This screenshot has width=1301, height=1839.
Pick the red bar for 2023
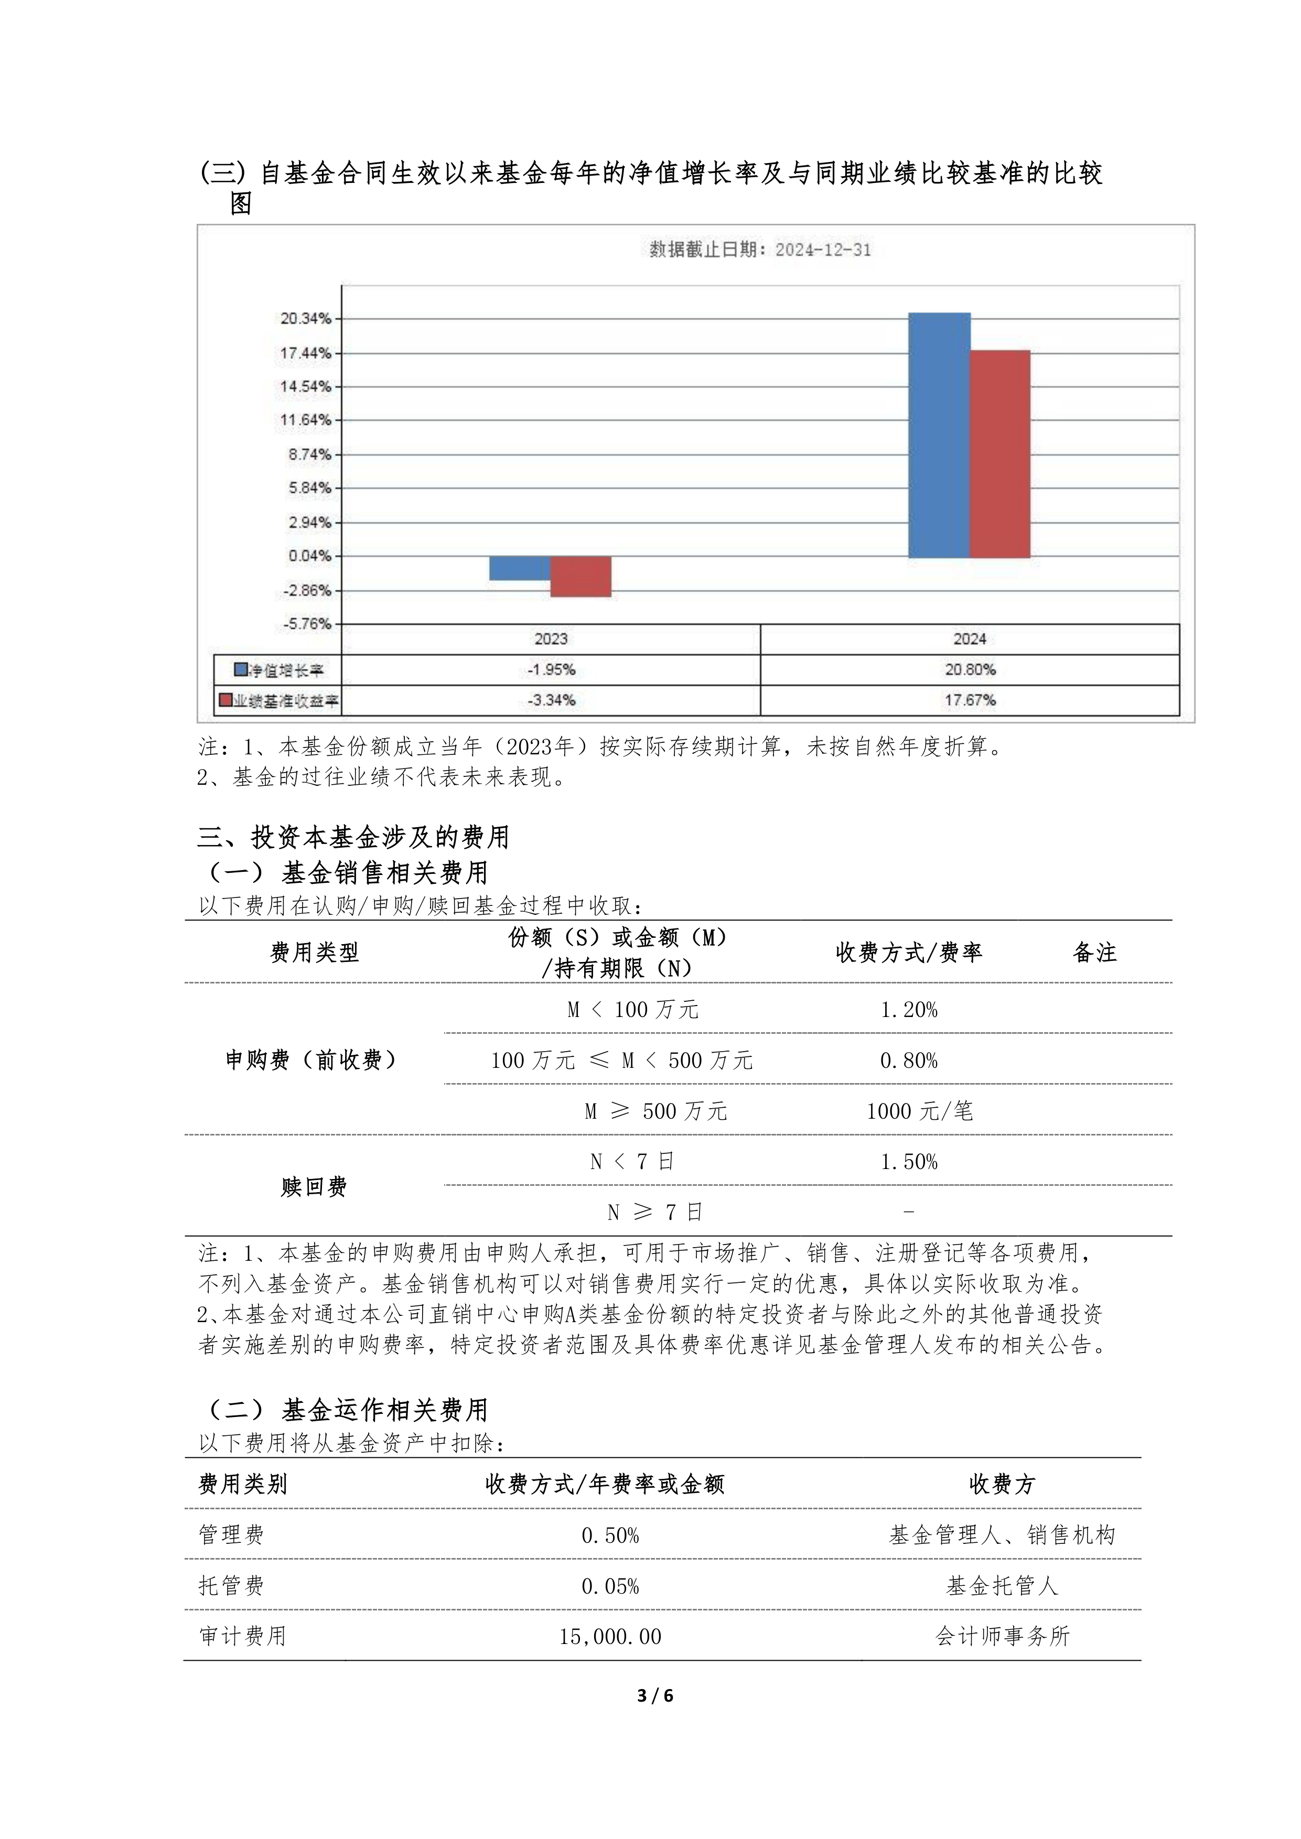[x=581, y=577]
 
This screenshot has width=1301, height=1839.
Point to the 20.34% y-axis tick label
[x=305, y=319]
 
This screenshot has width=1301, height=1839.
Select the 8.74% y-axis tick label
[x=309, y=454]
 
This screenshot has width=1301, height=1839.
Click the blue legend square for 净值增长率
[x=240, y=669]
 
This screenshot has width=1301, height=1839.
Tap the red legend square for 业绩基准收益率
[x=226, y=700]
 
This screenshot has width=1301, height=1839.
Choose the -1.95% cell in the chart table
[x=551, y=669]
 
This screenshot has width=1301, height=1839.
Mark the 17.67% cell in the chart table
[x=970, y=700]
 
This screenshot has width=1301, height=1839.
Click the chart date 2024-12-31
[x=823, y=250]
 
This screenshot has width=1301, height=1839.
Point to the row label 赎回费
[x=313, y=1187]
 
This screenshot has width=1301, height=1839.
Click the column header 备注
[x=1094, y=953]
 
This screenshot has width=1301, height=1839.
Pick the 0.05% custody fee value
[x=610, y=1586]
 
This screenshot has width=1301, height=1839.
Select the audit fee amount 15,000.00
[x=610, y=1636]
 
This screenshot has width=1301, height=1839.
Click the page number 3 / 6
[x=654, y=1696]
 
